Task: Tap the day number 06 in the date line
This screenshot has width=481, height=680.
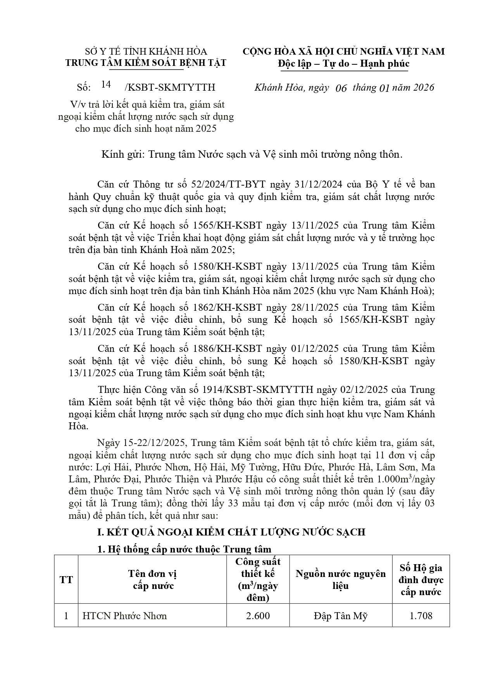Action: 341,88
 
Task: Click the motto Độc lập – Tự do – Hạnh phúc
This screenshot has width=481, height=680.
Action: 343,64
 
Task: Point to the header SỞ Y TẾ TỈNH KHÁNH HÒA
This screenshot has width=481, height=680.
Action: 146,52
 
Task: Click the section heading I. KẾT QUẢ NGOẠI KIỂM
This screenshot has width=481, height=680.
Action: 231,532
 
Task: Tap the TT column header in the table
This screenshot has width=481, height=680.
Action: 66,580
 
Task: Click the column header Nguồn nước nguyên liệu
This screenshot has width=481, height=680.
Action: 341,580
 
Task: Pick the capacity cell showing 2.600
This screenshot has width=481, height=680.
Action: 258,616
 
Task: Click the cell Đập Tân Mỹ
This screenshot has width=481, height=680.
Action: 341,616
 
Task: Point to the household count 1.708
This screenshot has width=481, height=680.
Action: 421,616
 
